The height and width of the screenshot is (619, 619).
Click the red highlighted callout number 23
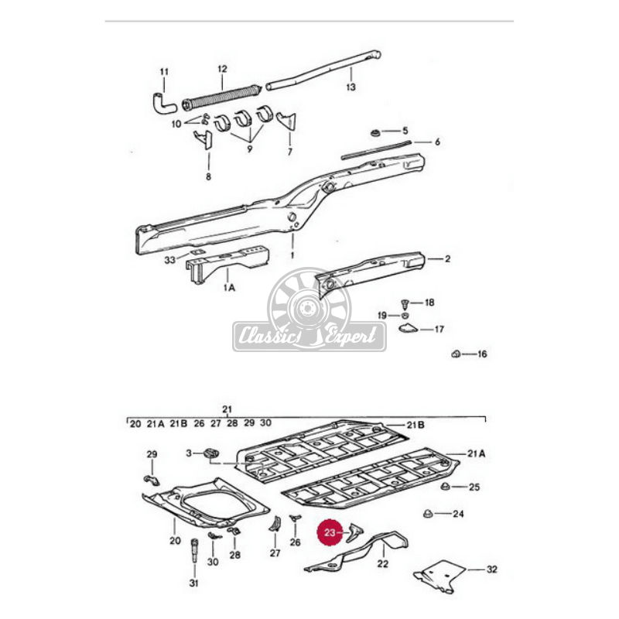(x=331, y=532)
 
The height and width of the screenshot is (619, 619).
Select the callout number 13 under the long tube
(x=351, y=87)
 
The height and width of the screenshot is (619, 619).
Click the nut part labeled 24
(x=428, y=514)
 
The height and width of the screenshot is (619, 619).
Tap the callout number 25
(x=475, y=487)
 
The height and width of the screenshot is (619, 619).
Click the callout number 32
(x=492, y=569)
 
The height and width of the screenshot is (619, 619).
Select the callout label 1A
(x=228, y=288)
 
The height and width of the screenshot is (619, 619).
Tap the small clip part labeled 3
(x=211, y=453)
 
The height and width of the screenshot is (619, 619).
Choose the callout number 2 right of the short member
(x=446, y=258)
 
